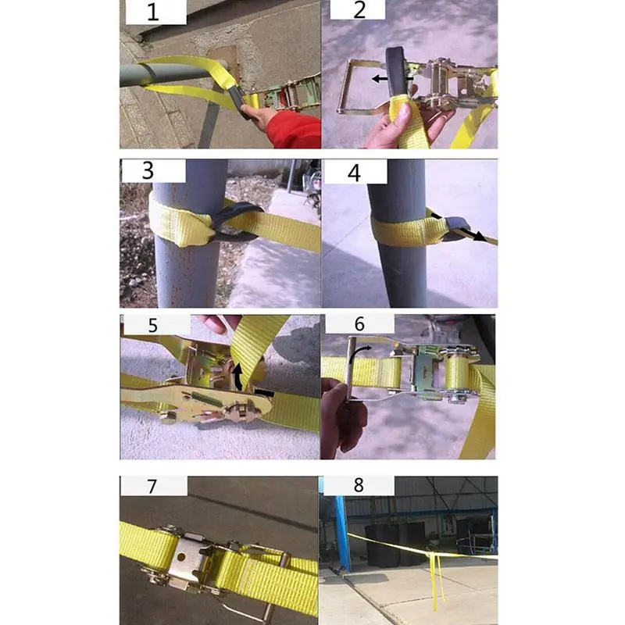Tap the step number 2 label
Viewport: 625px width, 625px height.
(359, 11)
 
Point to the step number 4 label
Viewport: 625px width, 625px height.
(354, 172)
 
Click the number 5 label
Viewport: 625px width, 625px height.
(153, 325)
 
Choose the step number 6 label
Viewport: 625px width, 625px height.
(359, 323)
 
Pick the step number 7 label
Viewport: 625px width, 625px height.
(152, 485)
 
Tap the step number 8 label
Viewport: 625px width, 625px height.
(359, 485)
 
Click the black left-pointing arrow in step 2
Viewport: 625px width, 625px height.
(382, 79)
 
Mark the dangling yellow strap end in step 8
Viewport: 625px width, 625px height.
(435, 582)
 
